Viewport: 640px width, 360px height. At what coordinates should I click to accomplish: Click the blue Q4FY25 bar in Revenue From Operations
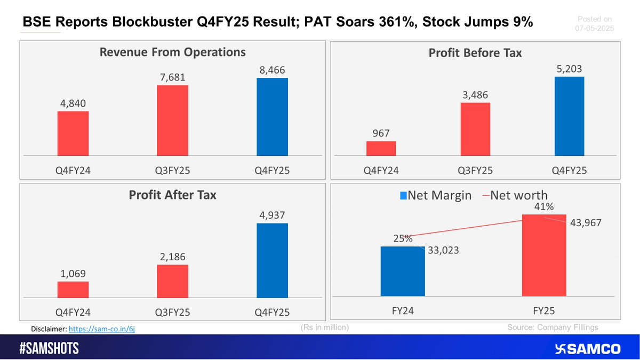pyautogui.click(x=272, y=117)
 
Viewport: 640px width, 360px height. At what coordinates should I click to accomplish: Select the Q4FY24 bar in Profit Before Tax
pyautogui.click(x=381, y=149)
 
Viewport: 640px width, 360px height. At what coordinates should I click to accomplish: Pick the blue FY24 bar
pyautogui.click(x=403, y=271)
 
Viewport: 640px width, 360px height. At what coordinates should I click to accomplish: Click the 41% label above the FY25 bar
pyautogui.click(x=543, y=206)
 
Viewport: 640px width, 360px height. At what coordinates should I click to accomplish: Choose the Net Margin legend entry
pyautogui.click(x=436, y=195)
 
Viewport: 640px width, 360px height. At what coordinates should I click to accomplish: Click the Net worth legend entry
pyautogui.click(x=515, y=195)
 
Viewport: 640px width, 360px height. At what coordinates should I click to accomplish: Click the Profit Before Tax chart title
pyautogui.click(x=475, y=53)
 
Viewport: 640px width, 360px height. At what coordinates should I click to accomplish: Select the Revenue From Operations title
pyautogui.click(x=172, y=52)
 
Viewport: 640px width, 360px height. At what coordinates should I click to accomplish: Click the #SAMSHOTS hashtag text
pyautogui.click(x=49, y=349)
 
